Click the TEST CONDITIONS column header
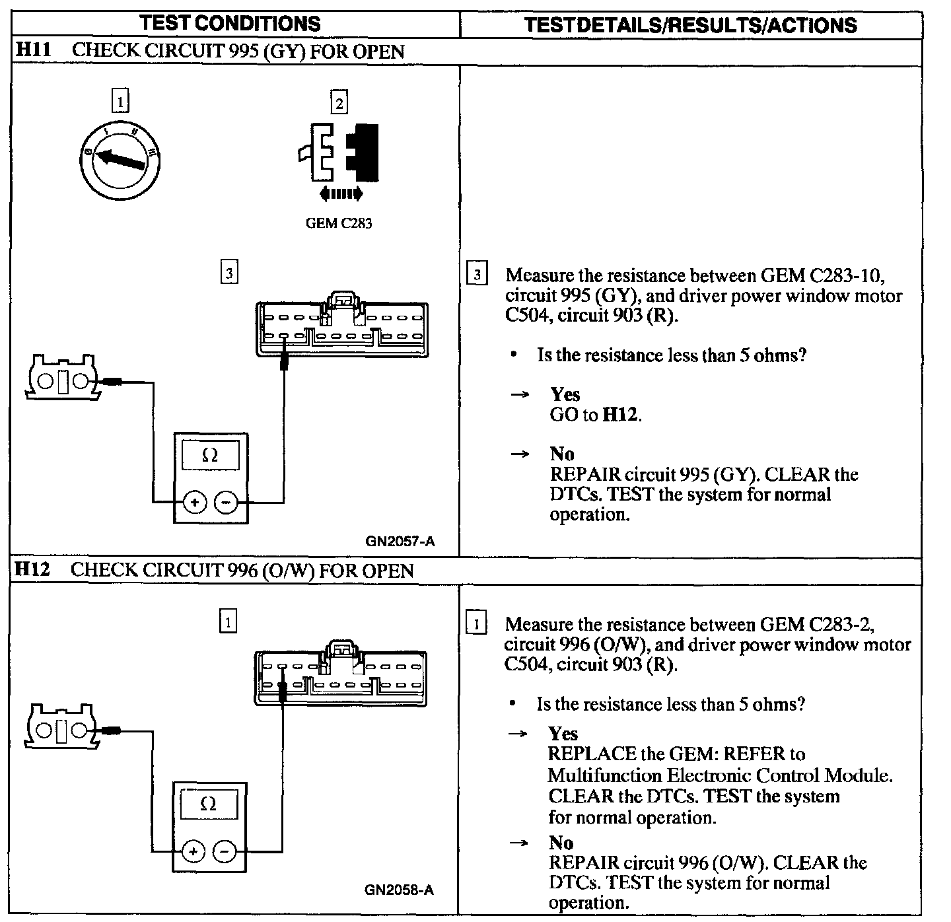pyautogui.click(x=230, y=24)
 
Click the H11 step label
pyautogui.click(x=32, y=50)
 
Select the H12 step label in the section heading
pyautogui.click(x=32, y=569)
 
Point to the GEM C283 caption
pyautogui.click(x=338, y=223)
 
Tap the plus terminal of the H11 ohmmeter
pyautogui.click(x=194, y=503)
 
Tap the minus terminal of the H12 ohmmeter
pyautogui.click(x=225, y=851)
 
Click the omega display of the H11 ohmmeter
pyautogui.click(x=210, y=455)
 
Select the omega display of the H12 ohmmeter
pyautogui.click(x=209, y=804)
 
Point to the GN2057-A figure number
pyautogui.click(x=400, y=542)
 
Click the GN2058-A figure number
pyautogui.click(x=399, y=890)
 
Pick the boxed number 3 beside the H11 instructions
pyautogui.click(x=477, y=273)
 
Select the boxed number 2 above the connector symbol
pyautogui.click(x=339, y=103)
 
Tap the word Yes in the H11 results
pyautogui.click(x=565, y=394)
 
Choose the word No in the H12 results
pyautogui.click(x=561, y=842)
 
